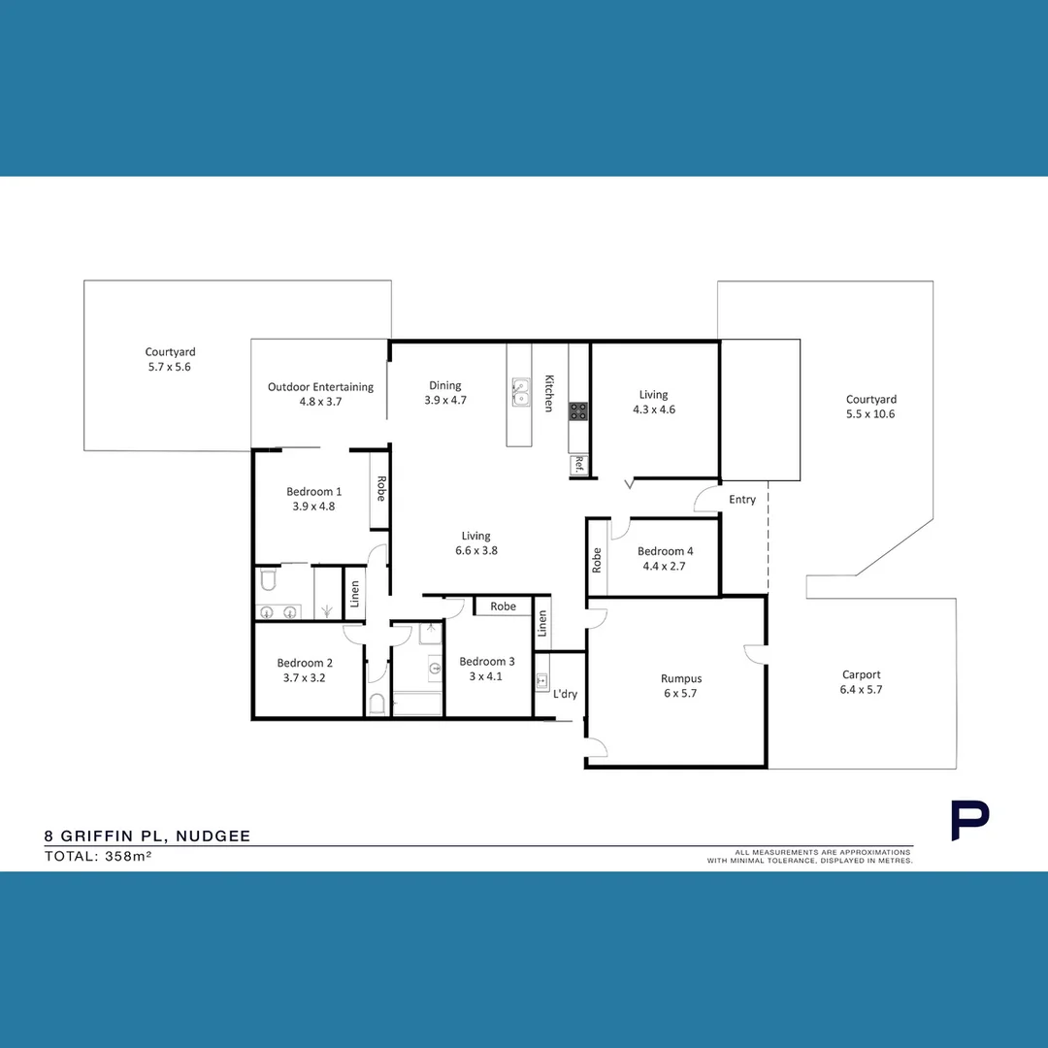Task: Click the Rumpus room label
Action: pos(680,678)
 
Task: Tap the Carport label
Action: pos(861,674)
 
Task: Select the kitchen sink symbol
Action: pos(521,391)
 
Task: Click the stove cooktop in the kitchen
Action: pos(578,411)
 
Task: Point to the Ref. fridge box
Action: pos(579,465)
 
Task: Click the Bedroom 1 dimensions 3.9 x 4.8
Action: pos(313,506)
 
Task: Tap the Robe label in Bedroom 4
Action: pos(597,560)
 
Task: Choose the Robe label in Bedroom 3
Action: pos(503,606)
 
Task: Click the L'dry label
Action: pos(565,694)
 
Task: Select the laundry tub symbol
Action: pos(542,682)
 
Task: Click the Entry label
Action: pos(741,500)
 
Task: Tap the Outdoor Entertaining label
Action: pos(320,387)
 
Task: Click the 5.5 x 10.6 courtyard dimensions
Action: pos(870,413)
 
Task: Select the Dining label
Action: pos(445,385)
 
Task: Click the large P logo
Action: pos(968,821)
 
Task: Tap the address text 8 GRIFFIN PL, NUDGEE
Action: pos(147,835)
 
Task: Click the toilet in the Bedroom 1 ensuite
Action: pos(269,581)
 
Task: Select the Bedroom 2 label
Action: pos(304,664)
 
